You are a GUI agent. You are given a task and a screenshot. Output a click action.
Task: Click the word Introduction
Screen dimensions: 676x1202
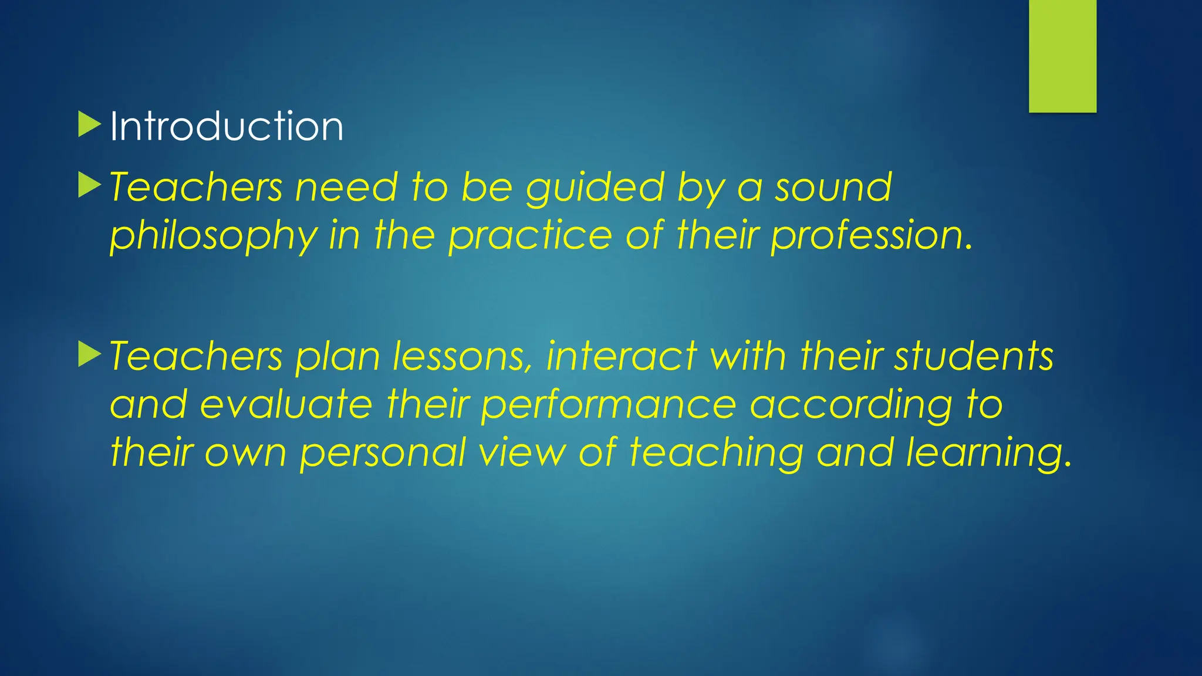tap(227, 126)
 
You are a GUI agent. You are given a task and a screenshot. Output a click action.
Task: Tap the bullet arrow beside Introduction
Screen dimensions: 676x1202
tap(89, 125)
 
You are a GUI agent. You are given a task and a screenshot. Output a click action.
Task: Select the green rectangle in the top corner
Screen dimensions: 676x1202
tap(1062, 56)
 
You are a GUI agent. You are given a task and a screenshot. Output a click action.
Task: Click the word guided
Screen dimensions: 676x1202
tap(595, 189)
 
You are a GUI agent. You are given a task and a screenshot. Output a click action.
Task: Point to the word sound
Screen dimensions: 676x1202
tap(833, 188)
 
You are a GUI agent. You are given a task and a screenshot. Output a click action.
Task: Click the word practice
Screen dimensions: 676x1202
tap(531, 235)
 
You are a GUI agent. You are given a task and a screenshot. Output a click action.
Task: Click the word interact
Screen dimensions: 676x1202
tap(622, 357)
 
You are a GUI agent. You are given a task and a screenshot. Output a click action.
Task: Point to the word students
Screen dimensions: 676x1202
tap(974, 357)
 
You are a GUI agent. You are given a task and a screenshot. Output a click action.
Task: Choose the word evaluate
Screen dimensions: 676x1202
tap(286, 405)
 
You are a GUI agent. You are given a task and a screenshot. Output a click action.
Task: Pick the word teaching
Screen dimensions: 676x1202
tap(716, 454)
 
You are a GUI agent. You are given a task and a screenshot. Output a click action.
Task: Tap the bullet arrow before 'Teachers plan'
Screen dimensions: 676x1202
tap(89, 355)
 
